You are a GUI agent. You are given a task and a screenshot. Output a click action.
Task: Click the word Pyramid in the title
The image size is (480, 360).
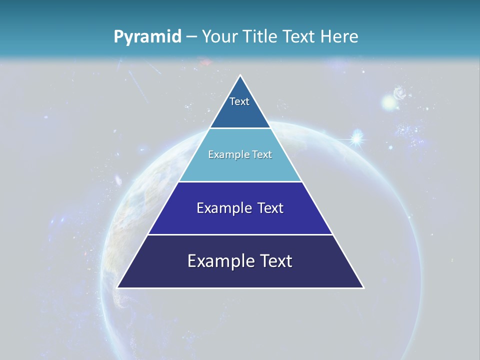pos(147,37)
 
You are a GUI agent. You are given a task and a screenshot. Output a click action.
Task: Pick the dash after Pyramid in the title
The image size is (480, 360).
pos(191,37)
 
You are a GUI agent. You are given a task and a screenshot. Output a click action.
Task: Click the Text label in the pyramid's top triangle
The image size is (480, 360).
pos(239,101)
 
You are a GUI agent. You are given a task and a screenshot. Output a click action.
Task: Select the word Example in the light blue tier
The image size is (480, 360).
pos(226,154)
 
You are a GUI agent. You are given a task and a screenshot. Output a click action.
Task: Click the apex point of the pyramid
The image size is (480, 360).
pos(240,75)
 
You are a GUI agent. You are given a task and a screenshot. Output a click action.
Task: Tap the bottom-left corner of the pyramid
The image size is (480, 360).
pos(117,287)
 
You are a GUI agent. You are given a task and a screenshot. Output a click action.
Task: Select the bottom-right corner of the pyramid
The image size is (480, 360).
pos(363,287)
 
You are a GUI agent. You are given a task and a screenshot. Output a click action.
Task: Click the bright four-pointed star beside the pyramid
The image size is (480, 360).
pos(356,138)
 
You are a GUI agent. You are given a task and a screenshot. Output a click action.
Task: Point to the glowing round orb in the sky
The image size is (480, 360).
pos(389,103)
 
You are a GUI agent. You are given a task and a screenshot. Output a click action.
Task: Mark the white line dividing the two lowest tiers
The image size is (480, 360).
pos(240,234)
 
